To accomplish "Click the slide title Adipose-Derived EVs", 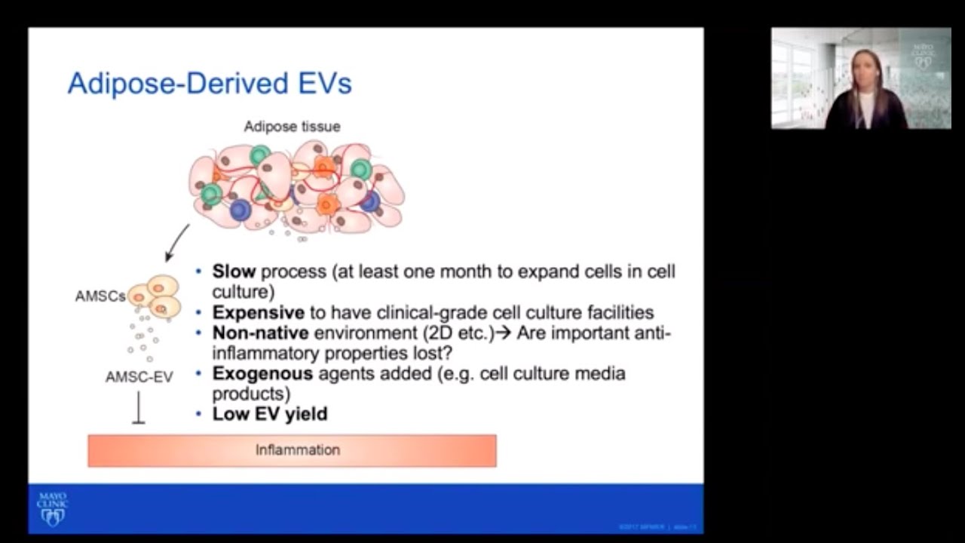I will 210,83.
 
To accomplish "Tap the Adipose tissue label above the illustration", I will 292,127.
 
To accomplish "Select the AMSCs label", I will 100,296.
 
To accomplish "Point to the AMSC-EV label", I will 139,376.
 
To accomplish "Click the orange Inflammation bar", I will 292,450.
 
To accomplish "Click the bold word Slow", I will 234,271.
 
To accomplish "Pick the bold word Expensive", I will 258,312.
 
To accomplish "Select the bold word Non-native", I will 260,333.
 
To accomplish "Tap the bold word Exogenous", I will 262,373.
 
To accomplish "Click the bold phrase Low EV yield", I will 269,413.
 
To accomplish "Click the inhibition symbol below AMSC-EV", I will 139,410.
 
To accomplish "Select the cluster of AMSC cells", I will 157,296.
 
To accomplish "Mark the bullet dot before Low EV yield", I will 199,414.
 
